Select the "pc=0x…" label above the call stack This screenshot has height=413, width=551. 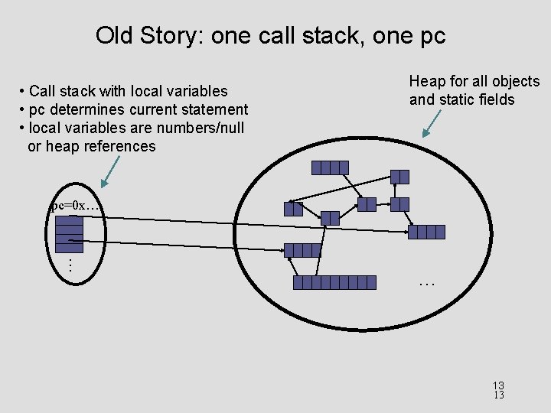click(75, 206)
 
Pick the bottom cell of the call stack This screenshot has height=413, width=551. click(70, 248)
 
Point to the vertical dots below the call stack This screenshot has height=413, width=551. click(70, 265)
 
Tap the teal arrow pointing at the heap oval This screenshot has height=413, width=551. click(433, 123)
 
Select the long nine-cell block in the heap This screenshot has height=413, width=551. click(335, 282)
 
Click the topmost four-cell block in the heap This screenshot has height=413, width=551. click(330, 167)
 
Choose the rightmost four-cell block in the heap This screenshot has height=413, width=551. click(426, 232)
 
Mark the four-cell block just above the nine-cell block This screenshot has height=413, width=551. click(302, 250)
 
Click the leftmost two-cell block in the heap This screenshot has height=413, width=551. click(293, 208)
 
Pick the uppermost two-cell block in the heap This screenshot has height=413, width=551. click(399, 177)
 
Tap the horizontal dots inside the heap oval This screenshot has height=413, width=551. click(426, 284)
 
